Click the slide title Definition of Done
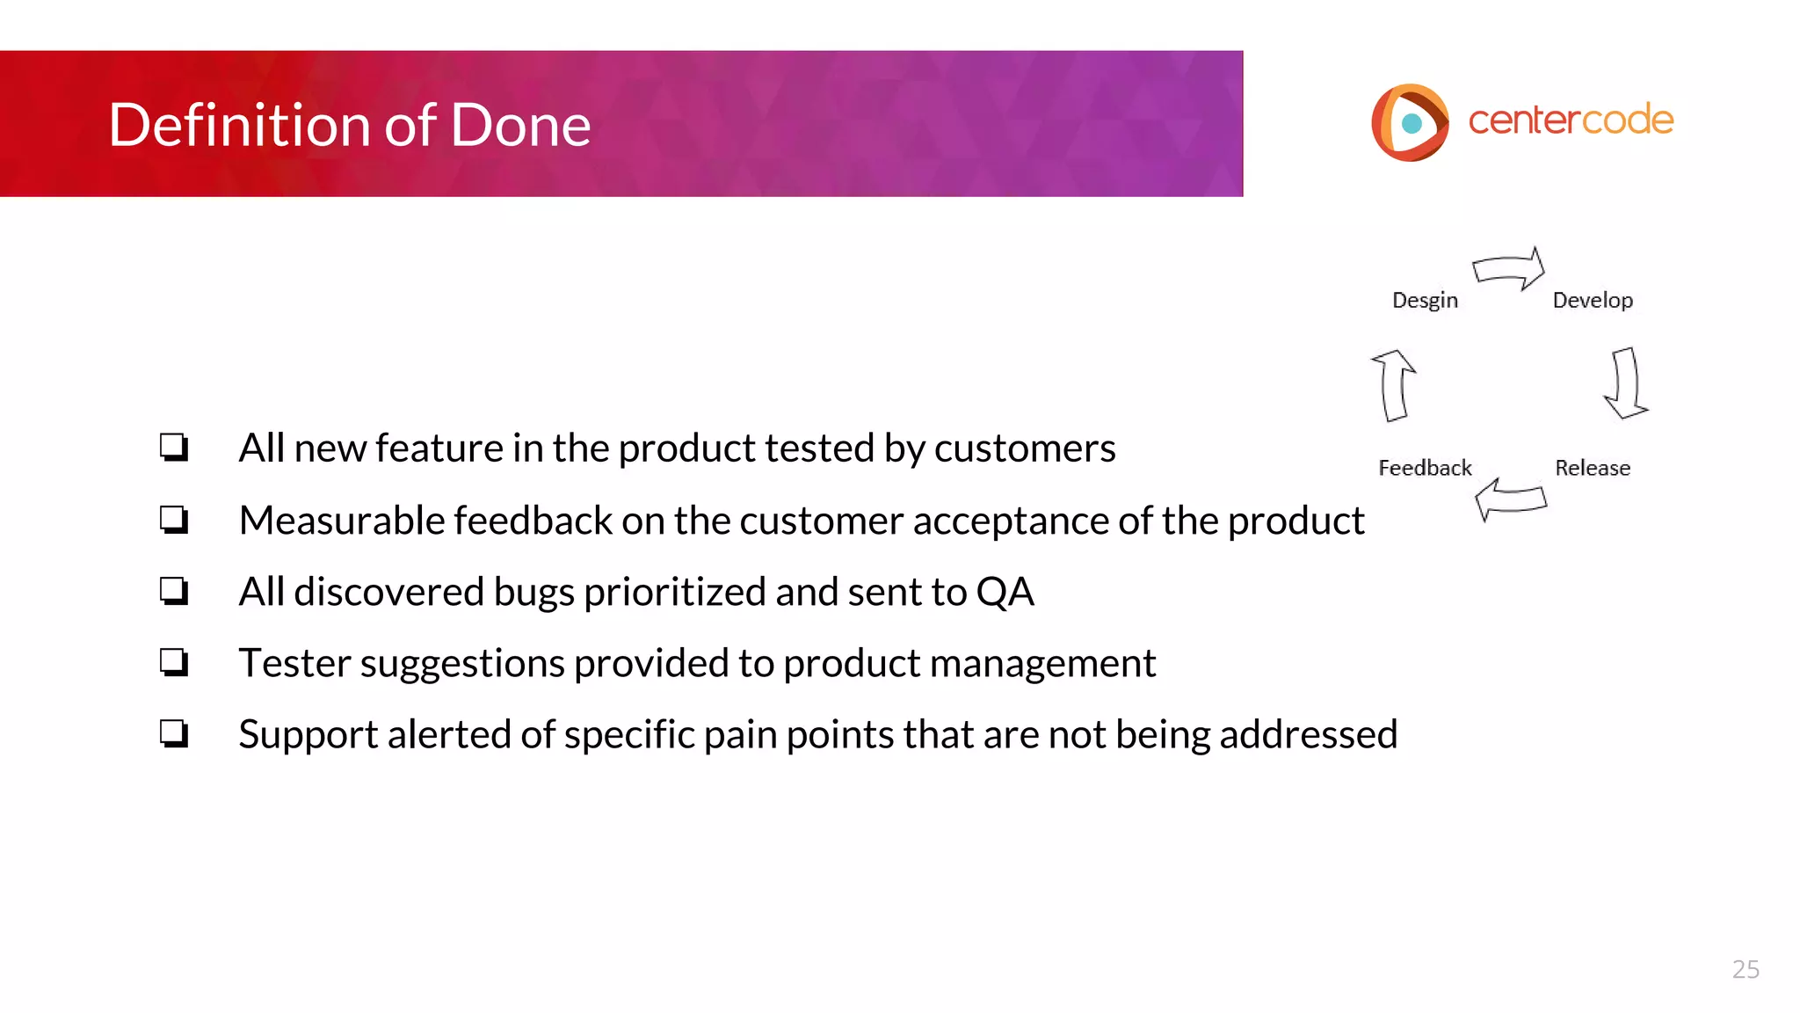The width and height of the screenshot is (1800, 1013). pyautogui.click(x=349, y=125)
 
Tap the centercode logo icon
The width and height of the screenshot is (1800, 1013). pyautogui.click(x=1410, y=122)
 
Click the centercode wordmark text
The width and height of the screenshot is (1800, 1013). pyautogui.click(x=1571, y=120)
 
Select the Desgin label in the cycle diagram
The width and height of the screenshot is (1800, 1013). pyautogui.click(x=1425, y=301)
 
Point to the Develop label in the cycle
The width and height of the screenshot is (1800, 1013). pyautogui.click(x=1593, y=301)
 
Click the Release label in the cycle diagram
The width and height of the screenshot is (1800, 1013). pyautogui.click(x=1593, y=468)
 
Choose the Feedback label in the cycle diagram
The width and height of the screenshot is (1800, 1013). pyautogui.click(x=1425, y=468)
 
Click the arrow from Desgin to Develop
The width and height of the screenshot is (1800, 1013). pyautogui.click(x=1509, y=268)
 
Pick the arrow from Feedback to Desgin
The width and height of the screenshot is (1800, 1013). pyautogui.click(x=1394, y=385)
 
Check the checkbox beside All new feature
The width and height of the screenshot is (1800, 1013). pyautogui.click(x=174, y=448)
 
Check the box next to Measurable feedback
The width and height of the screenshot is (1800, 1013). pyautogui.click(x=174, y=520)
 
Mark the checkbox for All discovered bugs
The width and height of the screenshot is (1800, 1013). pyautogui.click(x=174, y=591)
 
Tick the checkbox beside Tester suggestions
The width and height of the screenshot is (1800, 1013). pyautogui.click(x=174, y=662)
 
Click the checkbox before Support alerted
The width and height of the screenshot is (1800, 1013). pyautogui.click(x=174, y=733)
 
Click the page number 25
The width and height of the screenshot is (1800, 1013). pyautogui.click(x=1746, y=969)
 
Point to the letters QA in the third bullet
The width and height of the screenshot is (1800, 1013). pyautogui.click(x=1005, y=592)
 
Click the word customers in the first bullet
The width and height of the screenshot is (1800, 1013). pyautogui.click(x=1025, y=448)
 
